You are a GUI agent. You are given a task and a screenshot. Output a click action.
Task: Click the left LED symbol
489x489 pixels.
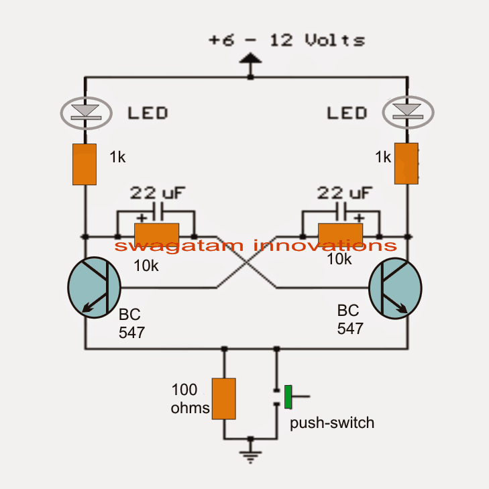85,111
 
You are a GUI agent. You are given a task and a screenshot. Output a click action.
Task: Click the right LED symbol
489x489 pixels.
407,111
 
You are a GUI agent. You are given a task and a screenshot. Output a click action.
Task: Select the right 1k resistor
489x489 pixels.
406,163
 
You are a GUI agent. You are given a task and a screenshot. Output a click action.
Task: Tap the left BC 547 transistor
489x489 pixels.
94,286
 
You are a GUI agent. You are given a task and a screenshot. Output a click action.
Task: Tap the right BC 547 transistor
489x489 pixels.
396,286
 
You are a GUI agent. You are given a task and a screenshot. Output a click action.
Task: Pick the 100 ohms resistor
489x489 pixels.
223,399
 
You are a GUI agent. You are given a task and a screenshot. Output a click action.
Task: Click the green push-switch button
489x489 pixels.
288,397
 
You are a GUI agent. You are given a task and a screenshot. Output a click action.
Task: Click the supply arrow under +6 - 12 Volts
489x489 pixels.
251,66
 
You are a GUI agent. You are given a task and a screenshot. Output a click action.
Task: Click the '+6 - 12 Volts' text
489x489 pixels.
286,41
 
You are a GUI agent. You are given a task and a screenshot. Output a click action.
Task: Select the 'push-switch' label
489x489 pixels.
331,423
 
